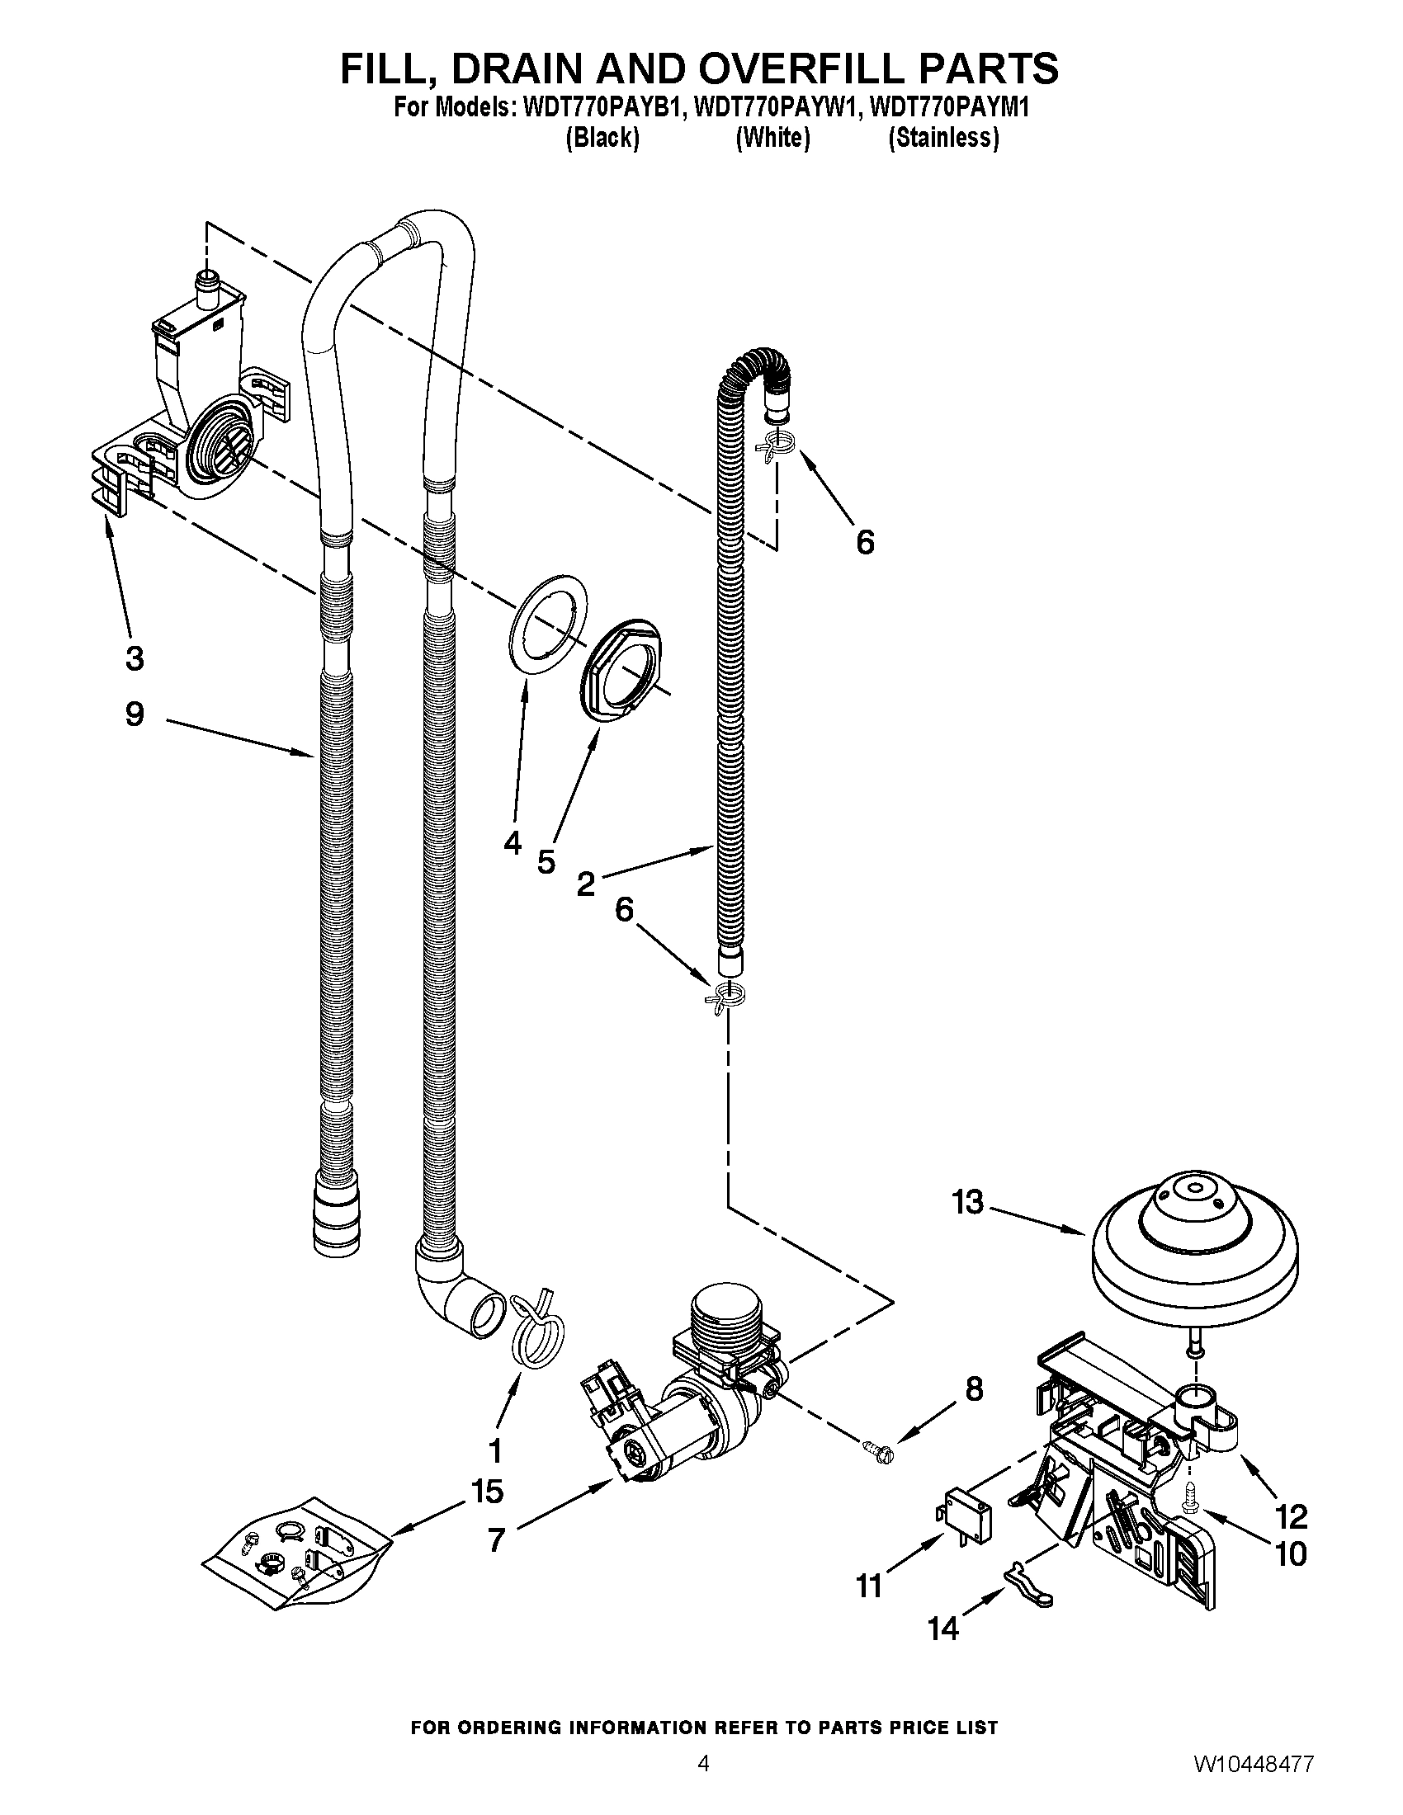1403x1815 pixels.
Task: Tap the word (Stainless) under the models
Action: [943, 138]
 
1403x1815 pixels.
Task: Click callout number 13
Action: [968, 1202]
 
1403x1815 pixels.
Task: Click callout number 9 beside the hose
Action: [135, 714]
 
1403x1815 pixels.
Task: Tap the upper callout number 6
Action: [865, 544]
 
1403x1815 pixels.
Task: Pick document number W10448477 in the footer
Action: [1254, 1783]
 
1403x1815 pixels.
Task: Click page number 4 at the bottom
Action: [703, 1783]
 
